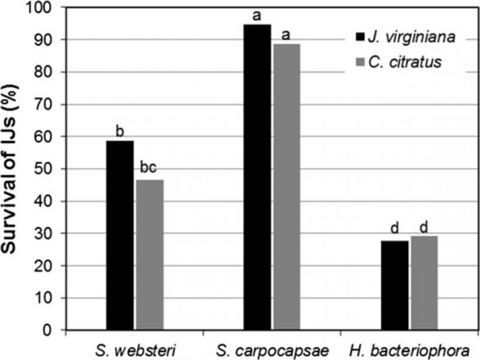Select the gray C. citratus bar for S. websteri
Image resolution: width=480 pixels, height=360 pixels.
click(149, 255)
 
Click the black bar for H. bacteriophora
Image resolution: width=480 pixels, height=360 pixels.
click(395, 285)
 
